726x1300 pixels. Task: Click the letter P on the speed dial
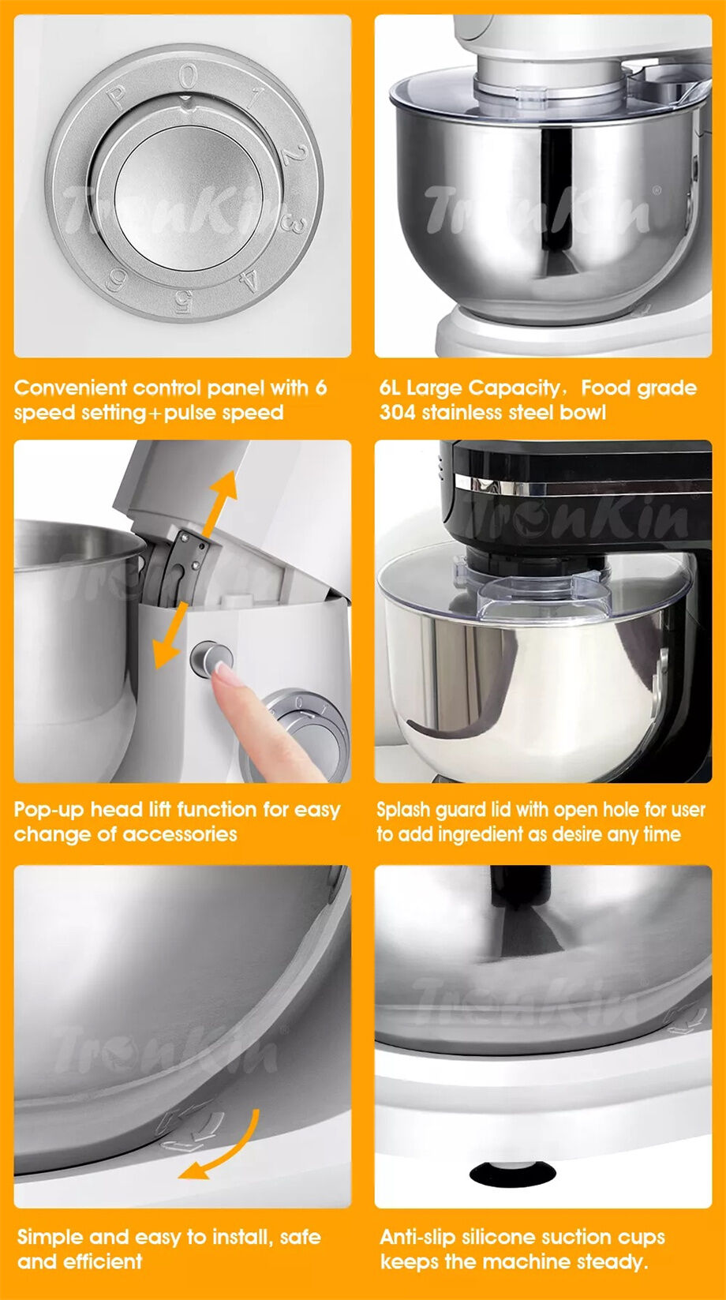tap(117, 99)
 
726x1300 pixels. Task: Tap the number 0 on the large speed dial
tap(188, 77)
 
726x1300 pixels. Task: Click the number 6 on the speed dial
tap(117, 279)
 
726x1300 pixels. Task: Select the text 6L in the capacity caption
tap(390, 388)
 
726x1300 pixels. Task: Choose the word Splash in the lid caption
tap(403, 810)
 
